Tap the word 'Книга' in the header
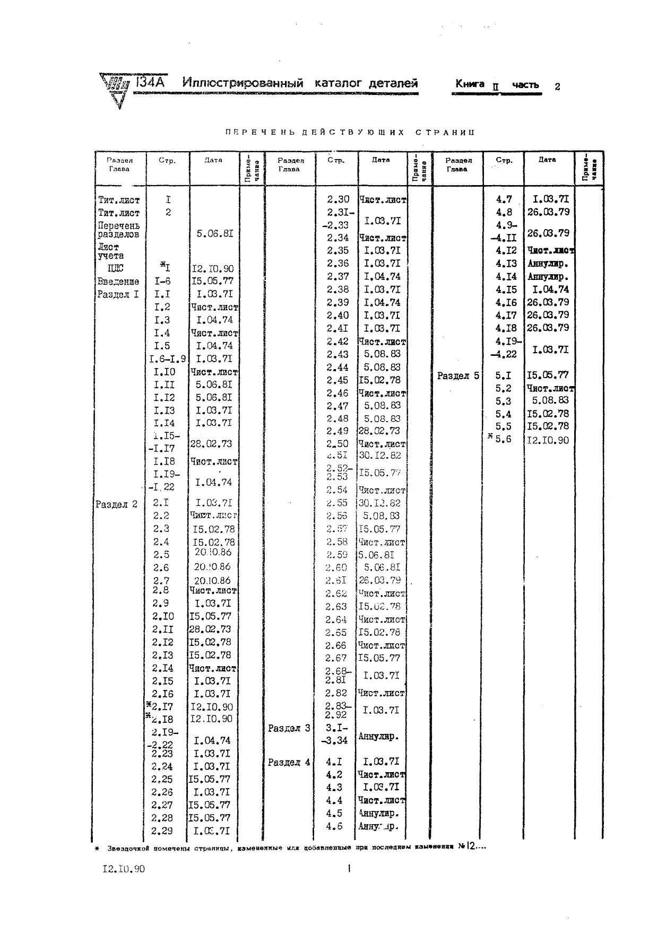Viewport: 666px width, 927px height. coord(470,84)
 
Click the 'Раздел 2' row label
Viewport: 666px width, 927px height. coord(117,504)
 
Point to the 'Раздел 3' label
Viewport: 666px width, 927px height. coord(289,729)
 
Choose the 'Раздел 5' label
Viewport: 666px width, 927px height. coord(458,376)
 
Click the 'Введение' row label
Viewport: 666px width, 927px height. coord(118,282)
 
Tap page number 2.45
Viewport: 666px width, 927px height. coord(338,380)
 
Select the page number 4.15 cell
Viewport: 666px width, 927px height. coord(506,290)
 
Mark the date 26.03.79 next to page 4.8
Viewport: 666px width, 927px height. coord(548,212)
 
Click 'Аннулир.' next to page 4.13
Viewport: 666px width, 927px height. coord(548,264)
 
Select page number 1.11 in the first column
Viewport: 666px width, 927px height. coord(164,385)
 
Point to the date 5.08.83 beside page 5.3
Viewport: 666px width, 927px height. coord(550,400)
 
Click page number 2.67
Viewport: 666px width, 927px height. coord(336,658)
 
